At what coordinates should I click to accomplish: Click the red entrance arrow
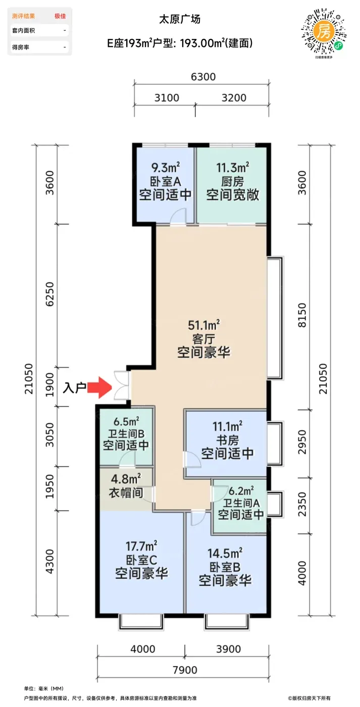99,387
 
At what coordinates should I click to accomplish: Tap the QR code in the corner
324,31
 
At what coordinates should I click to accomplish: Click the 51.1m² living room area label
204,325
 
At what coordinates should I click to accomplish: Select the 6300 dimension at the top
203,77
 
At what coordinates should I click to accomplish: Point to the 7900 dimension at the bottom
185,670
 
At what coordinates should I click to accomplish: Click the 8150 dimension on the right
302,315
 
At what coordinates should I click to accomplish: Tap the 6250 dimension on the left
50,294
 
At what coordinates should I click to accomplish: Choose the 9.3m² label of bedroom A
166,168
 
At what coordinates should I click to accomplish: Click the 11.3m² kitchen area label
233,168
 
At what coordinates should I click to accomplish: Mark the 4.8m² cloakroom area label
126,479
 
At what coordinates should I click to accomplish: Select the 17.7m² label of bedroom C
142,546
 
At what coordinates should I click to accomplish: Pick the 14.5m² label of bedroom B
225,553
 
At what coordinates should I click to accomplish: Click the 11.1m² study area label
228,427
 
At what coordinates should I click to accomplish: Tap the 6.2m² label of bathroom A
241,491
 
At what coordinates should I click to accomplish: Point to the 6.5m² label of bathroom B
127,421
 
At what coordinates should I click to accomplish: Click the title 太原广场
180,19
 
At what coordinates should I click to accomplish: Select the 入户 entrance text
74,388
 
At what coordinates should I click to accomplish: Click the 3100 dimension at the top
167,98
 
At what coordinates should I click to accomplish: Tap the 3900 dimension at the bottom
228,649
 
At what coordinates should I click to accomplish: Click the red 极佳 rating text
60,16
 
